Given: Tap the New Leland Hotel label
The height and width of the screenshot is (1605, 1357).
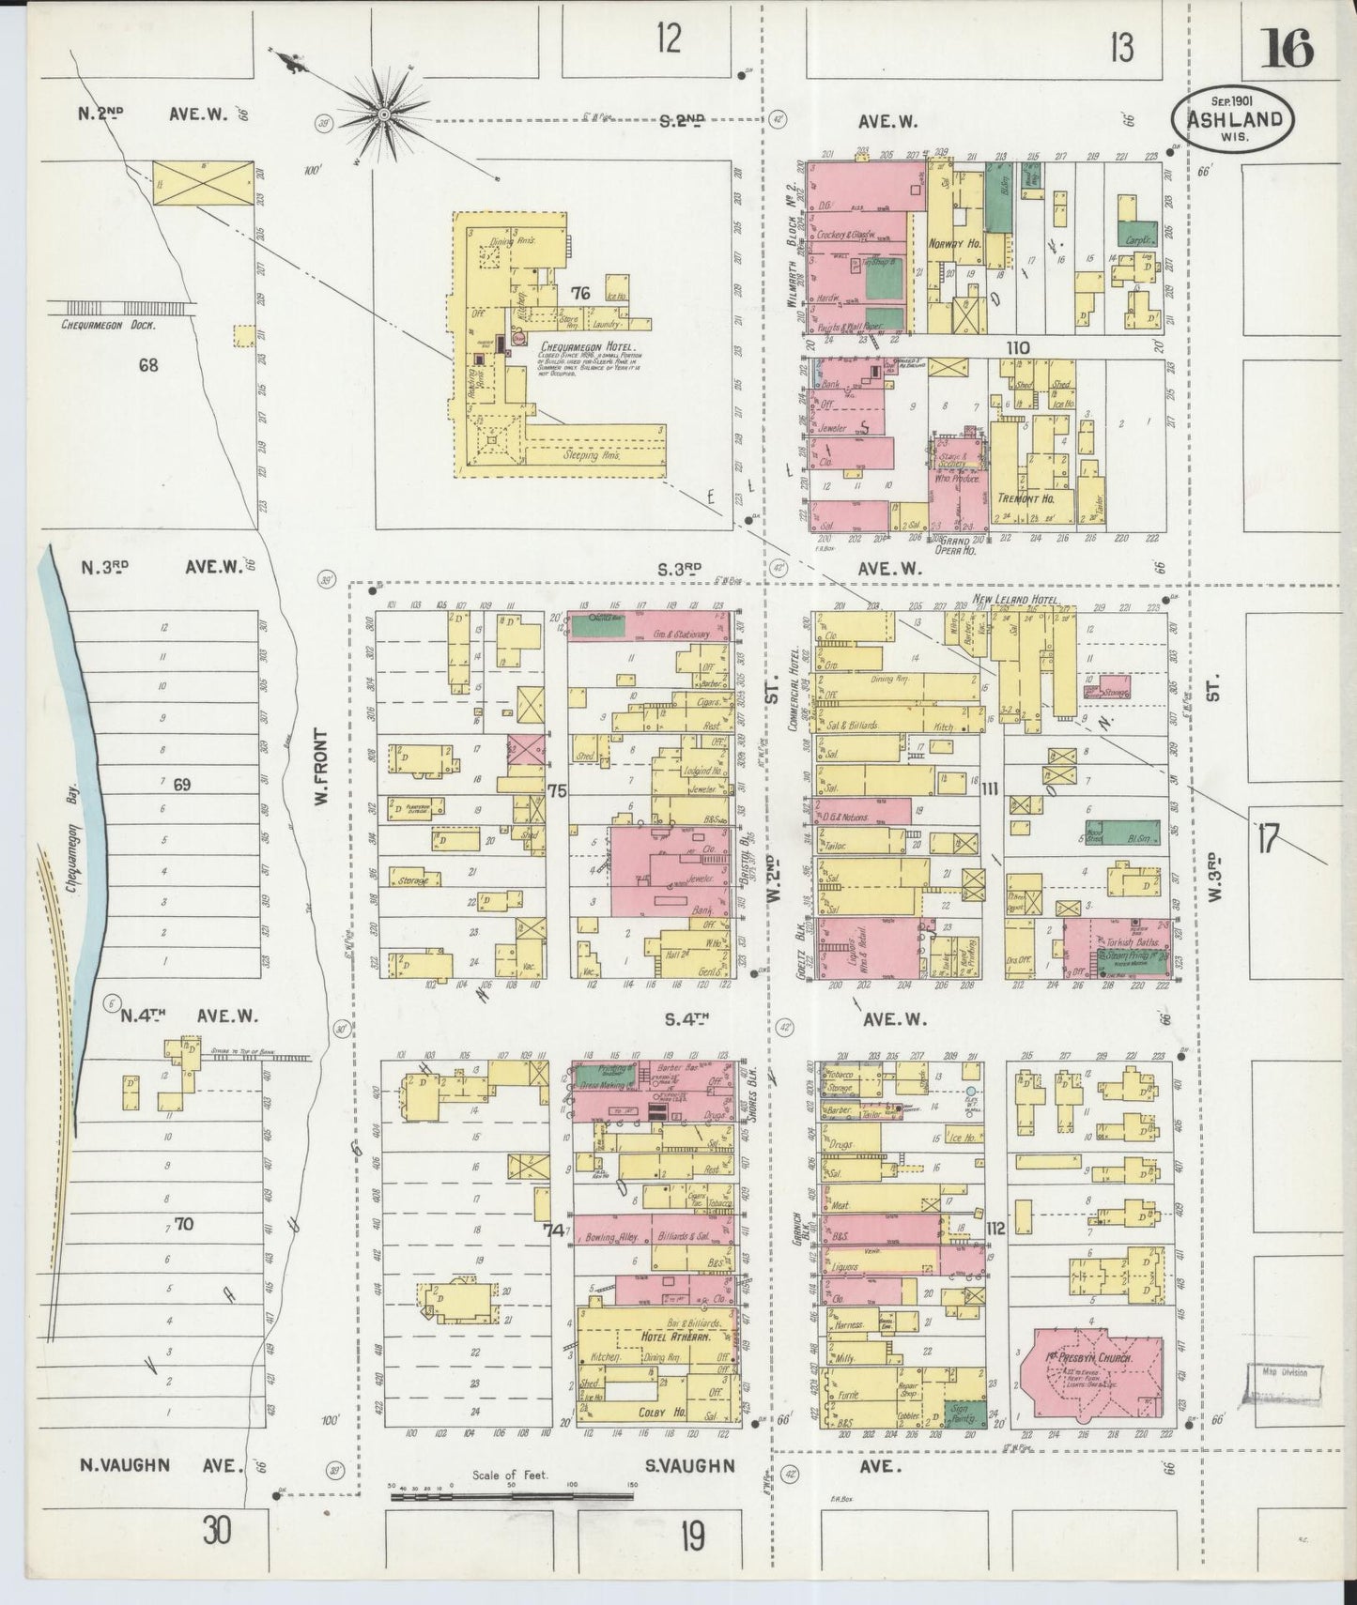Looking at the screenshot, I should point(1015,599).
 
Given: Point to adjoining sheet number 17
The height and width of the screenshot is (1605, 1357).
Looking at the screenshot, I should point(1268,838).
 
